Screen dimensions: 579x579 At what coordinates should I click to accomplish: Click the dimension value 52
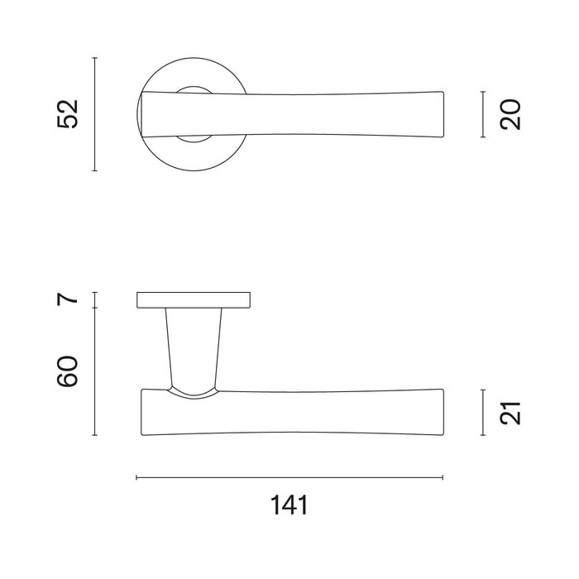(68, 114)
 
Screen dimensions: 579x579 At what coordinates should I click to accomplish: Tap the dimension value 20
(511, 114)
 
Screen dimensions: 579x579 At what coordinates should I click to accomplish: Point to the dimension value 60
(68, 371)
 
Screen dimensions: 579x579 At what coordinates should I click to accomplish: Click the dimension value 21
(511, 412)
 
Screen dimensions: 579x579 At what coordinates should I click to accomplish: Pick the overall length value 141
(289, 505)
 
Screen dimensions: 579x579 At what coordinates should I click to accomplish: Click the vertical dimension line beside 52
(95, 114)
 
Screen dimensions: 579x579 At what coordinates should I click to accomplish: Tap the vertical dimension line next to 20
(483, 114)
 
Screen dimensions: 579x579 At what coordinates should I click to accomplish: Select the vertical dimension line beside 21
(483, 412)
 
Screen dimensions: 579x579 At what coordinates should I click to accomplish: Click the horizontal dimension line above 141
(289, 477)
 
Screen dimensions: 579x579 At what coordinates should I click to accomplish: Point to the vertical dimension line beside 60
(95, 371)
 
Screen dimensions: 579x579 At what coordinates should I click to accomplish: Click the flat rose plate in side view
(194, 299)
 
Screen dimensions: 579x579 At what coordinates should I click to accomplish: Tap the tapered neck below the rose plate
(194, 347)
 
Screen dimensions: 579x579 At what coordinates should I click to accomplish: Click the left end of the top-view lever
(145, 114)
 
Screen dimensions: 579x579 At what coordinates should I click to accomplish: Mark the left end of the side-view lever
(143, 412)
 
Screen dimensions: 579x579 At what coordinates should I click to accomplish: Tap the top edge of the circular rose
(194, 59)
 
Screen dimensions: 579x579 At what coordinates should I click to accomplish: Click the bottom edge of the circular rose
(194, 170)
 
